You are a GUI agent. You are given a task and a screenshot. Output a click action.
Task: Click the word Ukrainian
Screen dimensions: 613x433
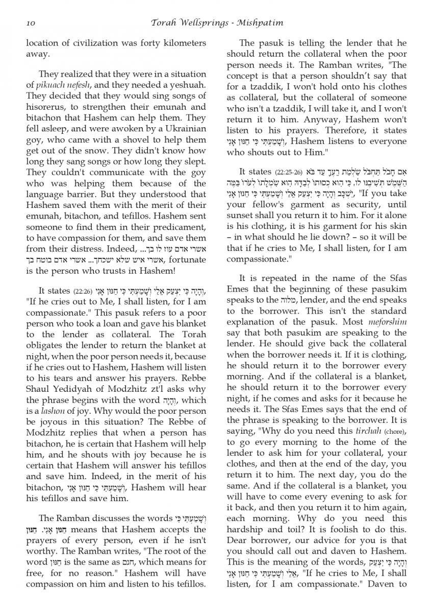pos(181,129)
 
